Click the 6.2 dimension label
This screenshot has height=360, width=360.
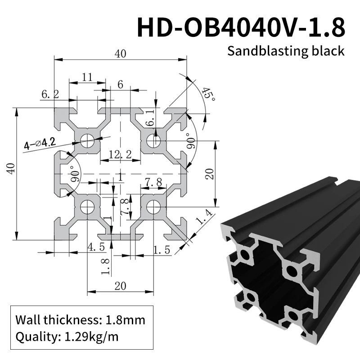click(50, 94)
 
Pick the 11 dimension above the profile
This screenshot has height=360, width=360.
click(87, 77)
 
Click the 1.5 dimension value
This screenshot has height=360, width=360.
click(161, 251)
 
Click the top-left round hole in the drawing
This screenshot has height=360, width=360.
click(87, 141)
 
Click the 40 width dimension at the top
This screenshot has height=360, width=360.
click(120, 54)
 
